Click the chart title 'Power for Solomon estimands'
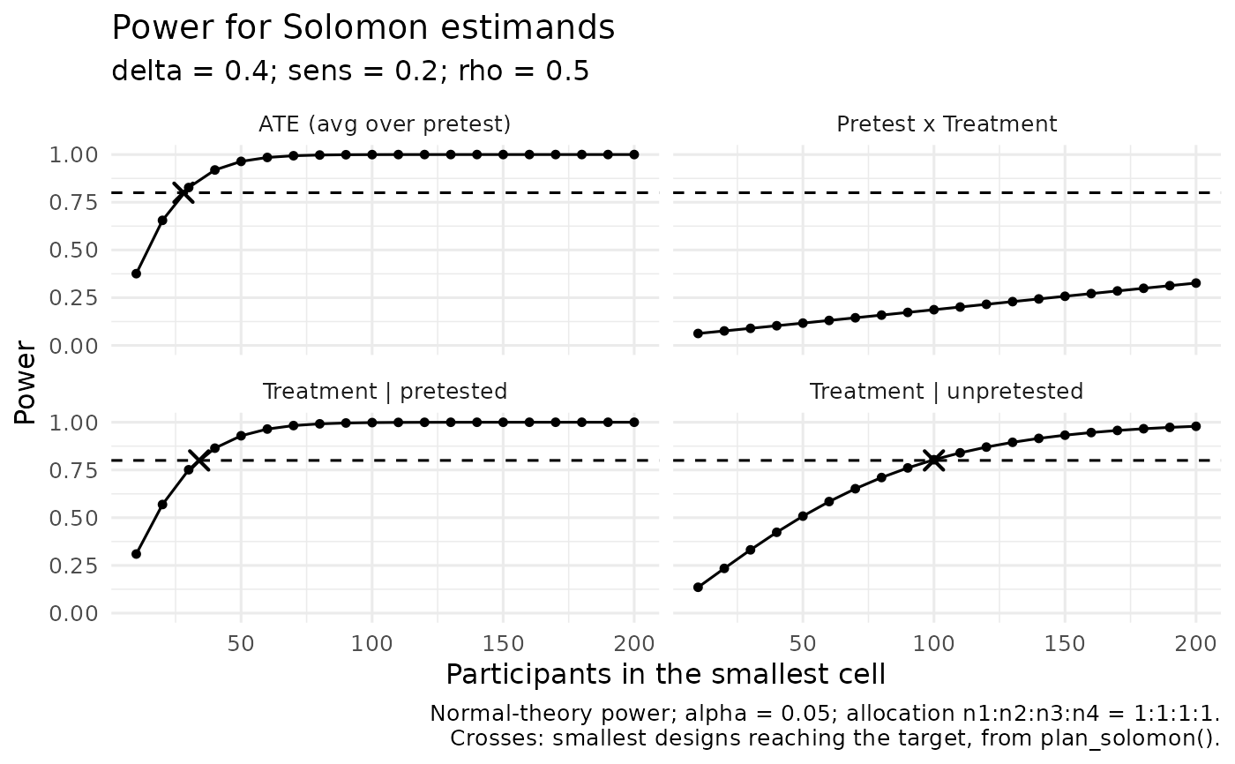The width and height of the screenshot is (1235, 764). pyautogui.click(x=363, y=27)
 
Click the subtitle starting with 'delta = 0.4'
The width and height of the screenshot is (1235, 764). pyautogui.click(x=350, y=71)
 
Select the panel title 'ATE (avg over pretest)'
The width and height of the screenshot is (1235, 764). pyautogui.click(x=385, y=124)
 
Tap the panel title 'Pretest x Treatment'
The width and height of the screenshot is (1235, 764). pyautogui.click(x=947, y=124)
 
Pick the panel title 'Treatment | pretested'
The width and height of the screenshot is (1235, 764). pyautogui.click(x=385, y=392)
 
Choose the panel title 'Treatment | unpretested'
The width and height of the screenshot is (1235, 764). pyautogui.click(x=946, y=392)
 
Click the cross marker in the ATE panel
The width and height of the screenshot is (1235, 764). pyautogui.click(x=183, y=192)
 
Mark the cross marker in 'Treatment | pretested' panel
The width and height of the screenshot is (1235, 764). pyautogui.click(x=199, y=460)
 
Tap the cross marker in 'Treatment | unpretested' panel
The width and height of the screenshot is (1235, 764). pyautogui.click(x=933, y=460)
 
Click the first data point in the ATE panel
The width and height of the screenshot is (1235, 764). pyautogui.click(x=136, y=273)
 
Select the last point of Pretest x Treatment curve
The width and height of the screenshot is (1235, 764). pyautogui.click(x=1196, y=283)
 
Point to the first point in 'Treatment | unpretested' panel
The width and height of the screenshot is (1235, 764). pyautogui.click(x=698, y=587)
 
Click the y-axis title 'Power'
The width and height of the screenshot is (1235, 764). pyautogui.click(x=25, y=382)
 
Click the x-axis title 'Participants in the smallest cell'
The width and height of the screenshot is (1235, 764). pyautogui.click(x=665, y=674)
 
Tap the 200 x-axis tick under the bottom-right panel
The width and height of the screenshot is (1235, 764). pyautogui.click(x=1195, y=644)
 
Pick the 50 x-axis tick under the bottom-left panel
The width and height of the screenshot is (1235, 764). pyautogui.click(x=241, y=644)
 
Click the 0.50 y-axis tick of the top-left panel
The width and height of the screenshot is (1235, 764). pyautogui.click(x=73, y=251)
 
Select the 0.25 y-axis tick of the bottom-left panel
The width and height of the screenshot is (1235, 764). pyautogui.click(x=73, y=566)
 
